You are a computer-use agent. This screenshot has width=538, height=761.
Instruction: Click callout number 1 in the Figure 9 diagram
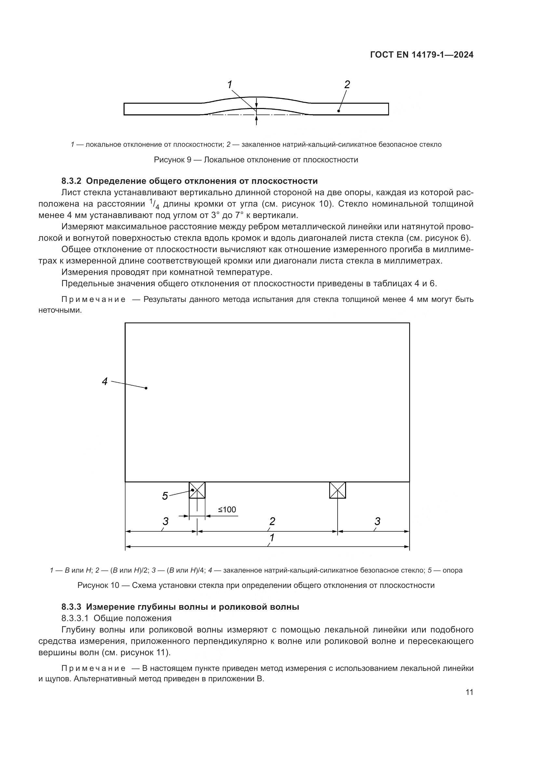point(230,85)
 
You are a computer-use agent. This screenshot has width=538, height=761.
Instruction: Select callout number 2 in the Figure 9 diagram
point(347,85)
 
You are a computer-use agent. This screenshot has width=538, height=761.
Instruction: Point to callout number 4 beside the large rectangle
point(105,382)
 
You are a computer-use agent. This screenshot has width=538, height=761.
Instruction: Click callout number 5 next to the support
point(165,496)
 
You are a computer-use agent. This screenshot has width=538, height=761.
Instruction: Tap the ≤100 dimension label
point(227,510)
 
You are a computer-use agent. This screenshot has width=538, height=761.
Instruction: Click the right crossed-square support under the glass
point(337,490)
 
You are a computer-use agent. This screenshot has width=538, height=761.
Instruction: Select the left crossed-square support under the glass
point(197,490)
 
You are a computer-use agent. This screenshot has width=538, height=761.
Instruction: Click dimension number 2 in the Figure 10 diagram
point(272,521)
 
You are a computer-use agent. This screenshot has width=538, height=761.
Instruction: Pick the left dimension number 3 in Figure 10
point(165,521)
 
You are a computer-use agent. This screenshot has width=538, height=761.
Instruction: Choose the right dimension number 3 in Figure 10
point(377,521)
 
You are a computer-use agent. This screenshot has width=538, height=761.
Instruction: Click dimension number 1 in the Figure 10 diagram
point(272,537)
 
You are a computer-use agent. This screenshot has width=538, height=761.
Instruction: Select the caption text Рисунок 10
point(98,585)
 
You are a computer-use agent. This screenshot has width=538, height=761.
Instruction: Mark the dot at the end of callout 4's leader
point(146,388)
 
